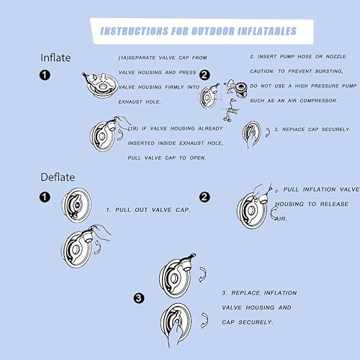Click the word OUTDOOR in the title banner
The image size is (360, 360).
coord(212,31)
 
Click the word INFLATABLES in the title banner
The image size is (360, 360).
coord(267,31)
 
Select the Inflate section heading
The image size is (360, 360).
coord(55,58)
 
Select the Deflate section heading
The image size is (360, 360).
coord(58,177)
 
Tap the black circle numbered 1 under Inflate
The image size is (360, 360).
coord(45,75)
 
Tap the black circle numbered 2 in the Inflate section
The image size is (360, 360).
coord(204,75)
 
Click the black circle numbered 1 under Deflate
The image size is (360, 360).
coord(45,197)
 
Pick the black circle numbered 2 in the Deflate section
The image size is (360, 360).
coord(204,197)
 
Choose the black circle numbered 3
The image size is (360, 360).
coord(139,298)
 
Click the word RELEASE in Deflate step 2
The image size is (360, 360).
coord(334,204)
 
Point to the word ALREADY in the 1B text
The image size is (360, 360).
coord(210,129)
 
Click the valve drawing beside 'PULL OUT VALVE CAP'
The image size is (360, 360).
coord(76,205)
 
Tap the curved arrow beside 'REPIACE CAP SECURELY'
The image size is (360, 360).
coord(268,132)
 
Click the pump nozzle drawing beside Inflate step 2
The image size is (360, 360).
coord(236,89)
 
